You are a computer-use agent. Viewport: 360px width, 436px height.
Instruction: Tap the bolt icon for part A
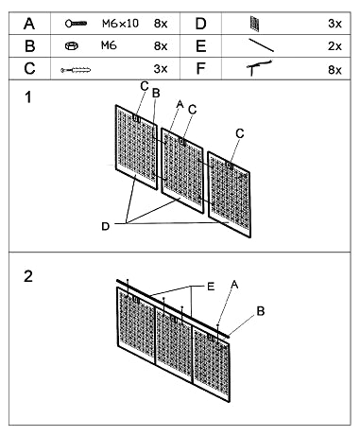(x=78, y=22)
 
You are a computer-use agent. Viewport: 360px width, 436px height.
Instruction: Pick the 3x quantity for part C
(x=160, y=69)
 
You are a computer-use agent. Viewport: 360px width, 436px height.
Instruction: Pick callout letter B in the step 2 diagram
(x=262, y=309)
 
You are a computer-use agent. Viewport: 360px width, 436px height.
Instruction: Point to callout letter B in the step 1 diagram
(x=156, y=93)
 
